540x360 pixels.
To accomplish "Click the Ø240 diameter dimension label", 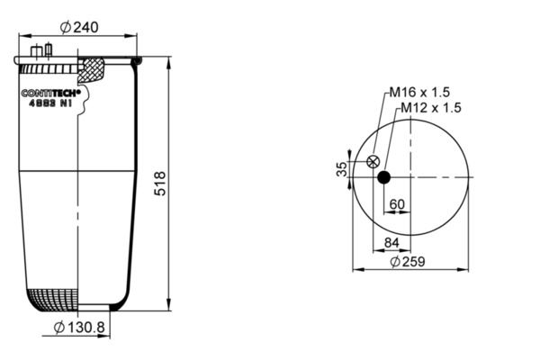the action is (79, 27).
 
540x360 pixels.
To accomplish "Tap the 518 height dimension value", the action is (160, 184).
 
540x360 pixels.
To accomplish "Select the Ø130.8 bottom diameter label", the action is (79, 328).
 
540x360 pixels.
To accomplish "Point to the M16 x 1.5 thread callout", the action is (419, 92).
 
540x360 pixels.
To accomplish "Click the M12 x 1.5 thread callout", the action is (431, 108).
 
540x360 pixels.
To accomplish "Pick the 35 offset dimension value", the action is (342, 169).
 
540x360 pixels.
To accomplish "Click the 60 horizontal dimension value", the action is (397, 204).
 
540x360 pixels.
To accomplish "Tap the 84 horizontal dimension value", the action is (391, 243).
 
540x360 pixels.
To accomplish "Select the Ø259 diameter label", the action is (408, 262).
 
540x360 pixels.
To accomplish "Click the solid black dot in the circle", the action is (384, 177).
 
